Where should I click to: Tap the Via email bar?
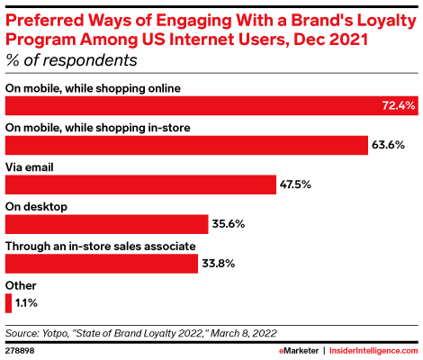point(140,184)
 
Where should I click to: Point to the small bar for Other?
point(8,302)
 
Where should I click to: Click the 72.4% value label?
point(396,105)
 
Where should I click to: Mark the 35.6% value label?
point(229,224)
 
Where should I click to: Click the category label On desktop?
point(37,206)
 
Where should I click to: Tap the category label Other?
point(22,285)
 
